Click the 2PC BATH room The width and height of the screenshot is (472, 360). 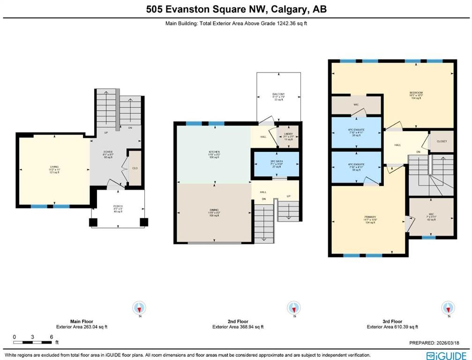point(276,164)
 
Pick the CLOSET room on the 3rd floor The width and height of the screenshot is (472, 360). point(442,141)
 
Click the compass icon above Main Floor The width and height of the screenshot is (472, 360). point(139,308)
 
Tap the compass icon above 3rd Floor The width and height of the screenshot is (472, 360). point(448,308)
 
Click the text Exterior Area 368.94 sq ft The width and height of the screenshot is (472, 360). point(238,327)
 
